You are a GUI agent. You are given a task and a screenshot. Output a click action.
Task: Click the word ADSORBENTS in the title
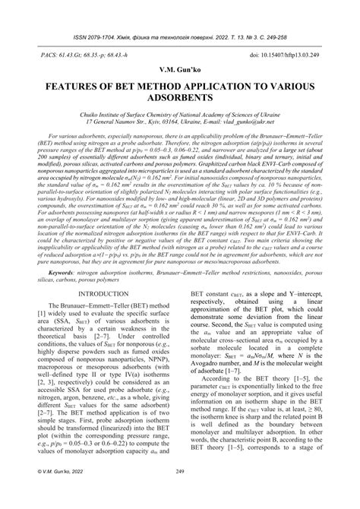pyautogui.click(x=180, y=99)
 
